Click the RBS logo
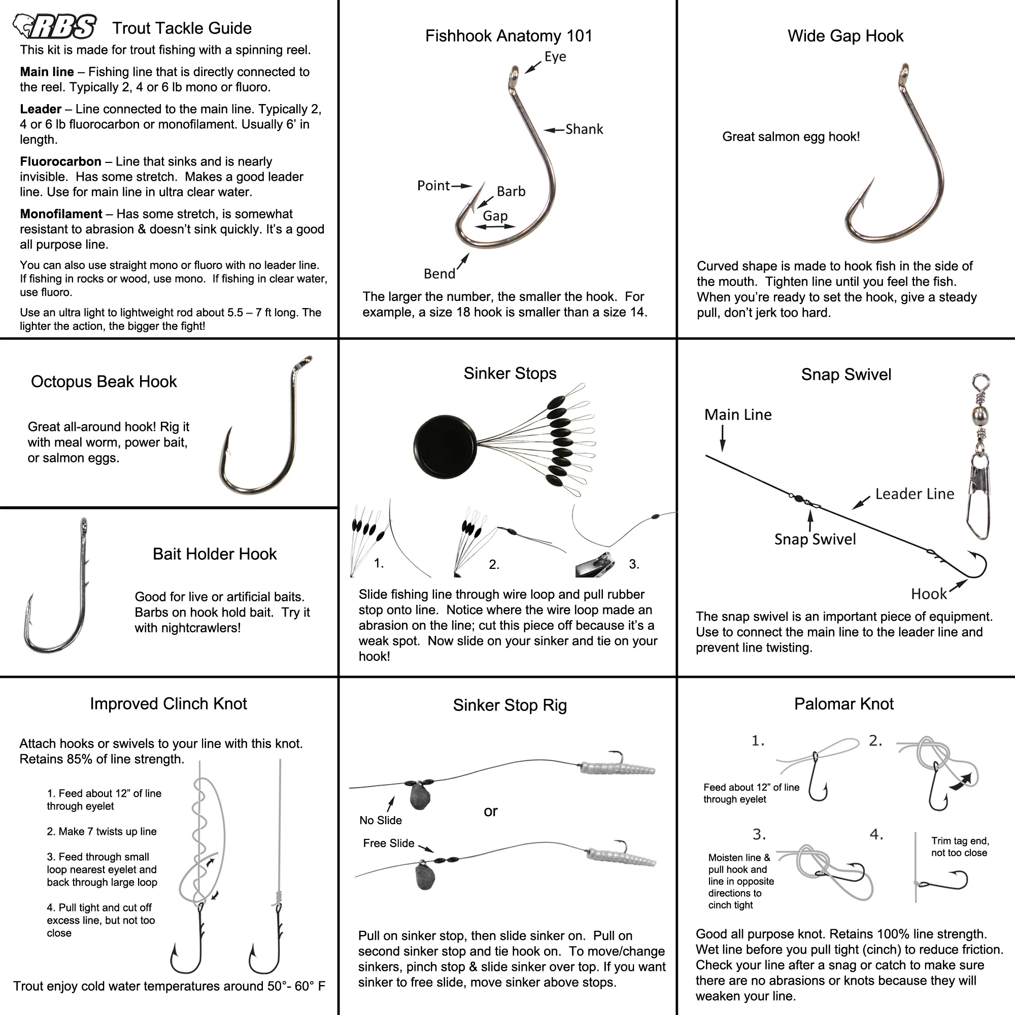[55, 27]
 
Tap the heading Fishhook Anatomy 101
[509, 36]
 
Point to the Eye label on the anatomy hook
[555, 57]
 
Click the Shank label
[584, 129]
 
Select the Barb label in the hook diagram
[511, 191]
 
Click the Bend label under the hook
[439, 274]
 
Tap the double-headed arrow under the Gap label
[494, 227]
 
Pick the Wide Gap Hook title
[845, 36]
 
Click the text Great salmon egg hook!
[791, 137]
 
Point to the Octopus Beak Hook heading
[104, 382]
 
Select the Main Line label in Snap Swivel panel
[737, 415]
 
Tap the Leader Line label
[914, 494]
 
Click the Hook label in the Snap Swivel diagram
[928, 594]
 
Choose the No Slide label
[380, 820]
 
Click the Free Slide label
[388, 843]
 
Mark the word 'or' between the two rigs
[490, 811]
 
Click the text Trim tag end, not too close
[959, 847]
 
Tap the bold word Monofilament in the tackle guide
[61, 214]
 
